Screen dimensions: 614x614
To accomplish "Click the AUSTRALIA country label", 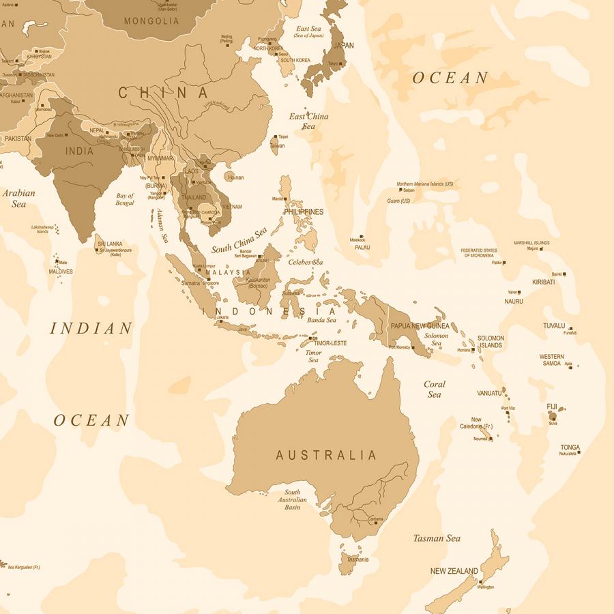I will click(x=326, y=455).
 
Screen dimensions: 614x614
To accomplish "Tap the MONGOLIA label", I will click(x=151, y=21).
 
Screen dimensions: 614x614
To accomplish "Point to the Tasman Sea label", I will click(x=437, y=538).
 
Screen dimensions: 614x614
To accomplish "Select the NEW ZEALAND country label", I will click(x=454, y=571).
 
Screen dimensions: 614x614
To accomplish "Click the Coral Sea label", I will click(x=434, y=389).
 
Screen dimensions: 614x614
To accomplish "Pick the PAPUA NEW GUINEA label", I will click(x=420, y=326).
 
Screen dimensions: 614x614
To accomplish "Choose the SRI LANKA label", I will click(x=109, y=244).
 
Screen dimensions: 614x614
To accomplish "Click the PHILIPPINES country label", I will click(x=304, y=212).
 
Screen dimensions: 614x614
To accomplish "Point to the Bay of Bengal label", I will click(x=125, y=199).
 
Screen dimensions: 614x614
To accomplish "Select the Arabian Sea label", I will click(x=18, y=199).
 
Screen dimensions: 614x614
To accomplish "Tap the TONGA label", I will click(x=570, y=448).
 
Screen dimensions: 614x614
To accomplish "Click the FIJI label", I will click(x=552, y=407).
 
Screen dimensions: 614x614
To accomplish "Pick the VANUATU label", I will click(x=489, y=393).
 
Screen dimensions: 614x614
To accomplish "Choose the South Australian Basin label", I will click(x=292, y=499).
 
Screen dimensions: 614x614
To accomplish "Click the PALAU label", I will click(x=362, y=248).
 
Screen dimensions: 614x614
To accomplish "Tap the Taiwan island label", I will click(x=278, y=146).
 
